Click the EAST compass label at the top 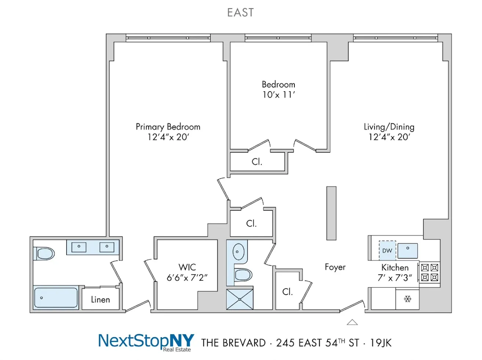[240, 12]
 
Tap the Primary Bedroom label [168, 127]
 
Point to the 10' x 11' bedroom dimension [278, 95]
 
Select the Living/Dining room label [389, 127]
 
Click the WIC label [187, 267]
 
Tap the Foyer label [335, 267]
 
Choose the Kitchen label [395, 267]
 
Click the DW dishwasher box [387, 251]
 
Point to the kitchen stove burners [430, 273]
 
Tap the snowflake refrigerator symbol [407, 299]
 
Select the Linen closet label [100, 300]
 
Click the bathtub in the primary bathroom [56, 298]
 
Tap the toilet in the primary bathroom [44, 253]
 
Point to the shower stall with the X [240, 299]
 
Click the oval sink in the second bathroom [238, 252]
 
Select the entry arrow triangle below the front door [352, 322]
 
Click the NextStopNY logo [146, 342]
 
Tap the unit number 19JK [381, 343]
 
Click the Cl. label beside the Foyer [287, 292]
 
